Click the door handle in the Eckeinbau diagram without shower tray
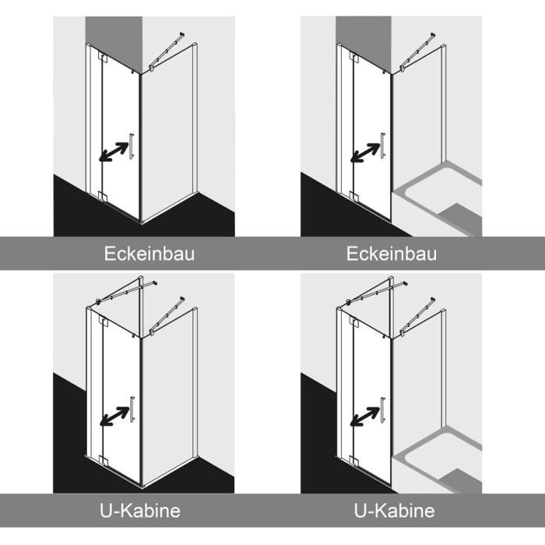[x=132, y=146]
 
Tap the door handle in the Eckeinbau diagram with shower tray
[x=383, y=146]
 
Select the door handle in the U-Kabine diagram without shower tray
[x=132, y=409]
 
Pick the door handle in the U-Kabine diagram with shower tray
[x=383, y=410]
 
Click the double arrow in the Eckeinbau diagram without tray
[x=114, y=152]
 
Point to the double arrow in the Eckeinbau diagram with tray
[x=364, y=153]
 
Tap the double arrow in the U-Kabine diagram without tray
[x=114, y=416]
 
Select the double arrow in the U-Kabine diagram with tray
[x=364, y=417]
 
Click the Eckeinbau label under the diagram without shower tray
[x=149, y=254]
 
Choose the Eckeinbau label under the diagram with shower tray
[x=392, y=254]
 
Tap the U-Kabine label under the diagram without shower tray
[x=140, y=511]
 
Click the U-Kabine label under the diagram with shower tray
[x=394, y=511]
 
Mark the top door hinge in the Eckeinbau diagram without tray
[x=104, y=58]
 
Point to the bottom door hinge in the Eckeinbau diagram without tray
[x=103, y=196]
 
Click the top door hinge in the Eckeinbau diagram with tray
[x=353, y=58]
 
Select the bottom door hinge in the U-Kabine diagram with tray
[x=353, y=461]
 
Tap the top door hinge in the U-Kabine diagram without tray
[x=104, y=321]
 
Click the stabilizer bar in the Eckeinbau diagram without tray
[x=167, y=51]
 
